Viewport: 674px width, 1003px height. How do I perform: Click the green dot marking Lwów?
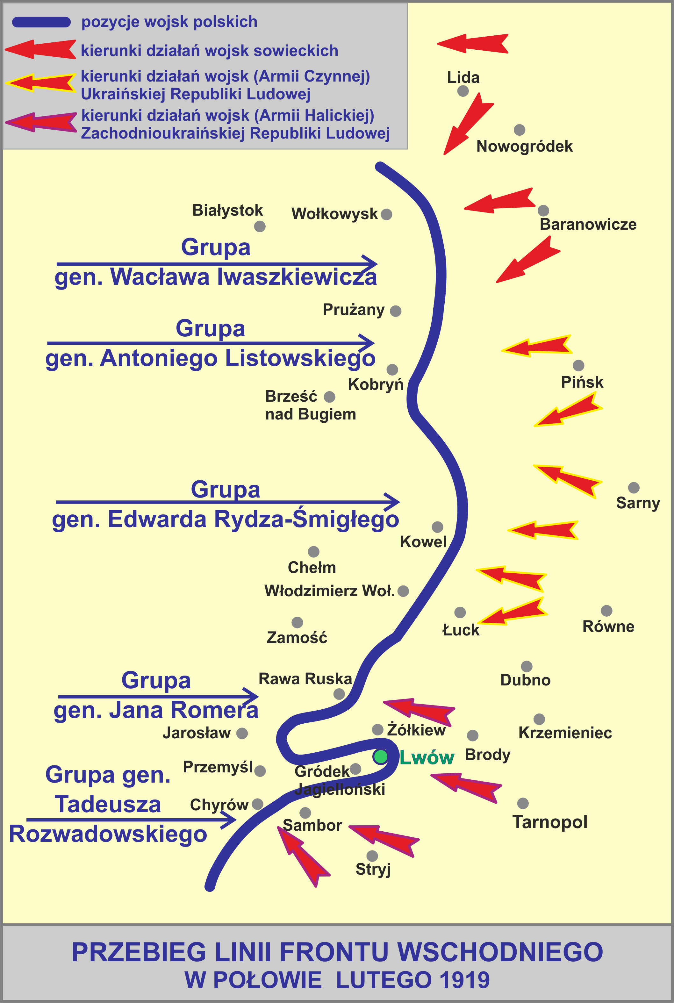380,757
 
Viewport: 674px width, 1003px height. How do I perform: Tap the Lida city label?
463,78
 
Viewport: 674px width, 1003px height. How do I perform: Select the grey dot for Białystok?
260,226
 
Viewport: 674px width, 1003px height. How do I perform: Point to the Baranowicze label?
588,224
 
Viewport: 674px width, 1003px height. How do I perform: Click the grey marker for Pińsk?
578,365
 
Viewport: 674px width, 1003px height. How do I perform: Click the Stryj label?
373,869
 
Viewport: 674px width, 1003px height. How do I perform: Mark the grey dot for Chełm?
313,551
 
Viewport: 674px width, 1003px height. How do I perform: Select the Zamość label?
297,637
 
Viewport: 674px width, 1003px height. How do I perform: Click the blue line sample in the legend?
41,22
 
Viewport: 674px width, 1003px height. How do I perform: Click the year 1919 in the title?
464,980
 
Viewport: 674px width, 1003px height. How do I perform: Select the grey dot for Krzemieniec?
539,719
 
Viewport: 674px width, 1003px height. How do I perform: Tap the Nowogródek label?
524,147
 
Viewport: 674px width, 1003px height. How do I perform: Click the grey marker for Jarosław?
242,733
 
